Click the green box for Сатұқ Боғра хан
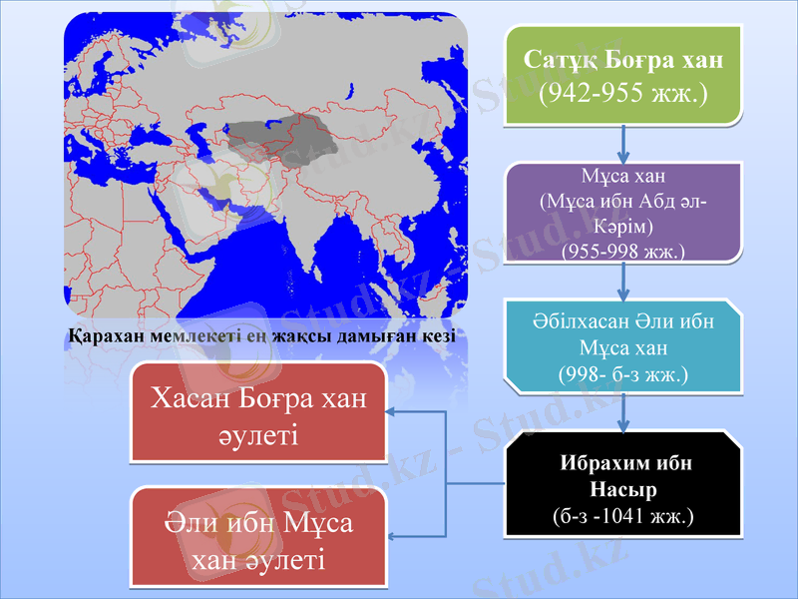(623, 75)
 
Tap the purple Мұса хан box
(623, 213)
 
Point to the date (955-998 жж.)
(623, 250)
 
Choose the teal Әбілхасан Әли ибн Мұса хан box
(623, 346)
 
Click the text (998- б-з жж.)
(623, 374)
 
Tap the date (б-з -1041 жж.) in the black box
(623, 516)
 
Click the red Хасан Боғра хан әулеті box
(258, 414)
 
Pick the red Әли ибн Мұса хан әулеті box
(258, 537)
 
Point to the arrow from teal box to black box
(623, 411)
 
